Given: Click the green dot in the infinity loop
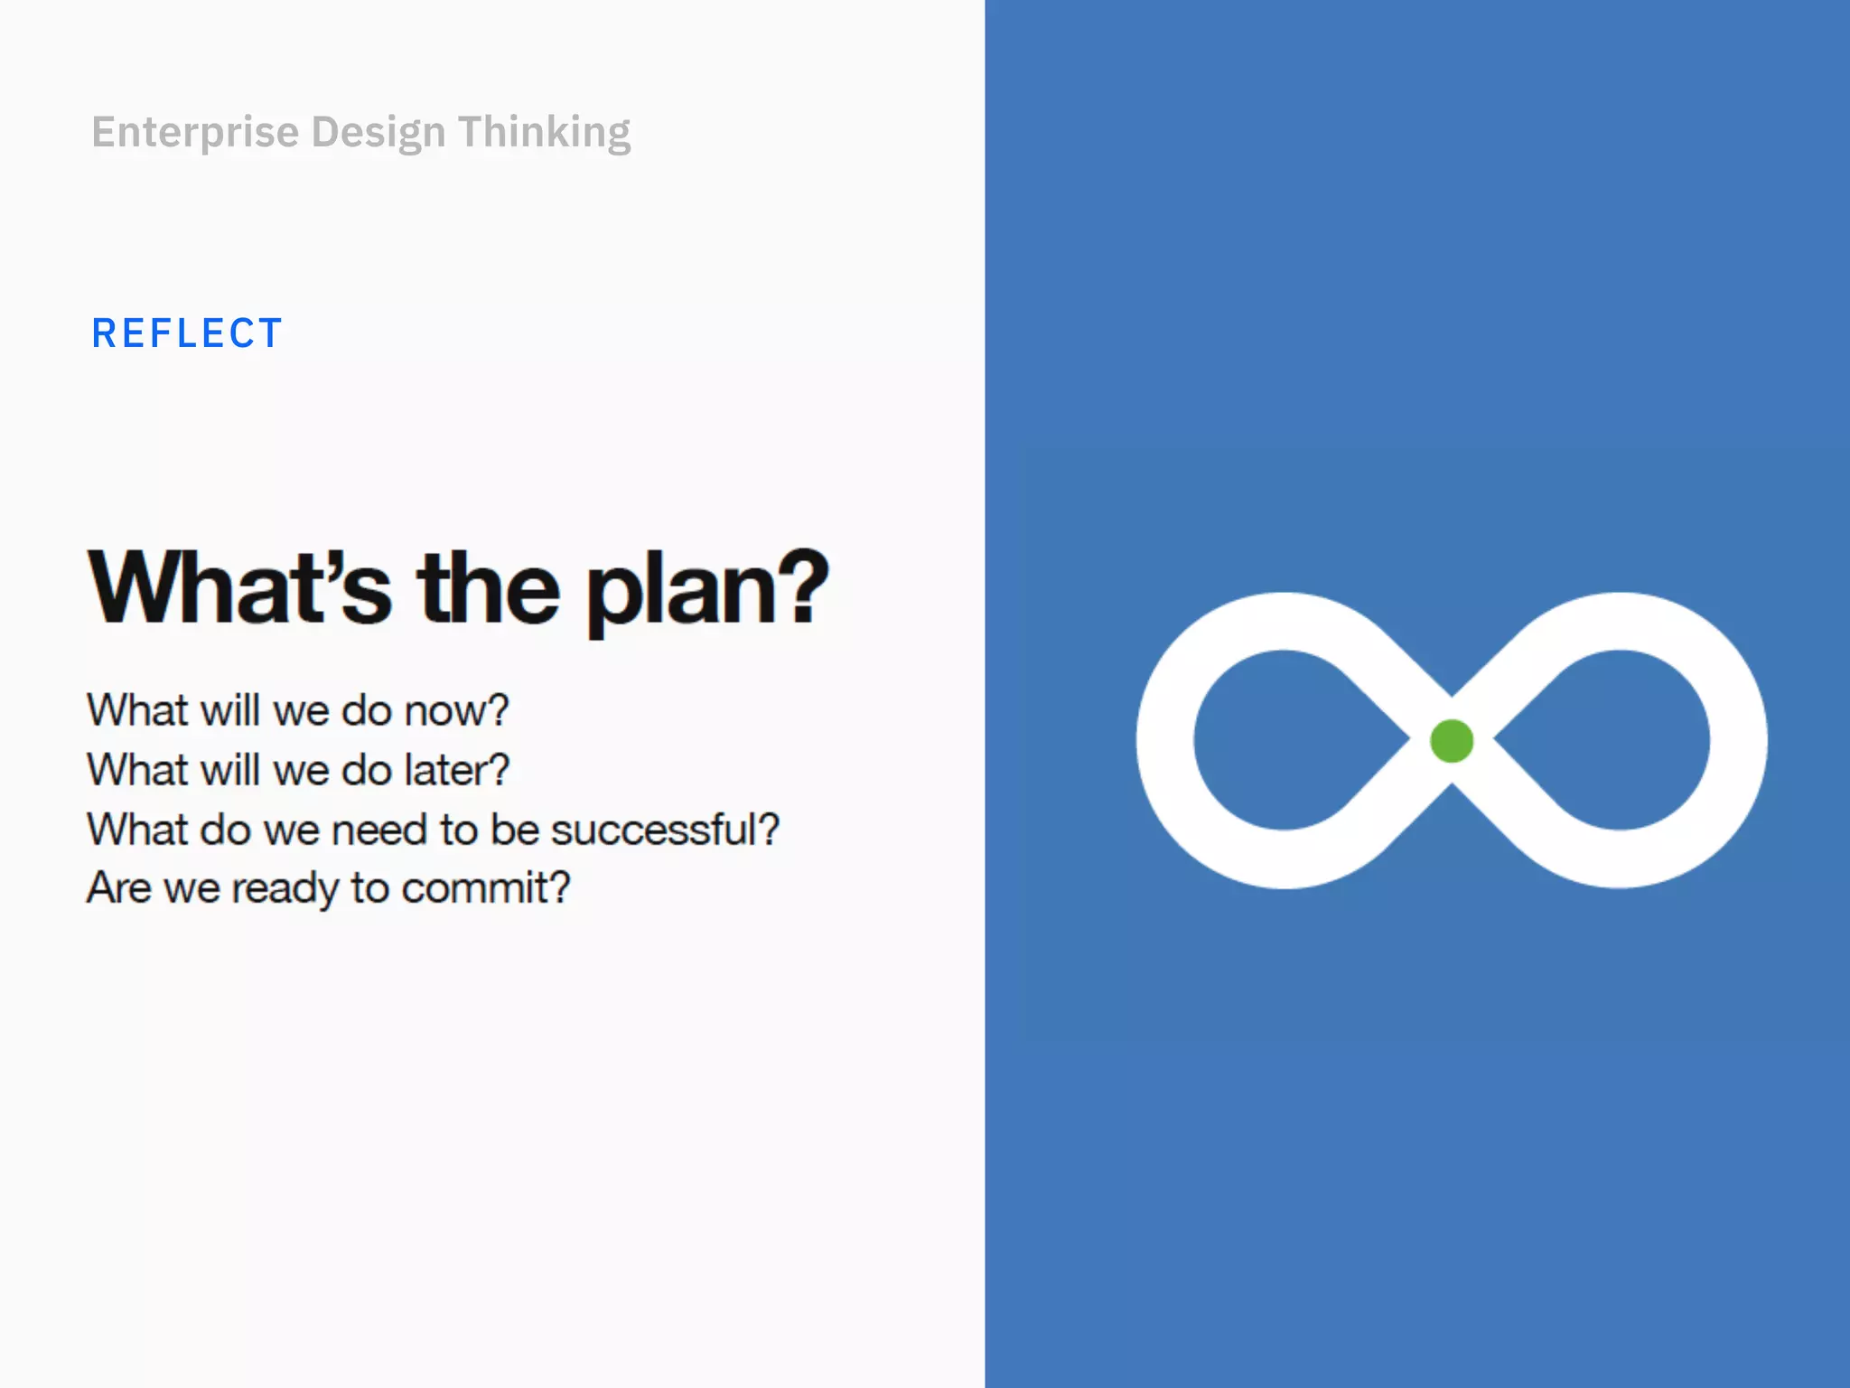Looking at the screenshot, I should [x=1452, y=741].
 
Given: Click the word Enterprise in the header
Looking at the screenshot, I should [x=195, y=133].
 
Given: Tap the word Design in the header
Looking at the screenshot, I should [x=378, y=133].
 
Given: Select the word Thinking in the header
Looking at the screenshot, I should [x=544, y=133].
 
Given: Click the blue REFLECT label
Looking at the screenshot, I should [x=187, y=333].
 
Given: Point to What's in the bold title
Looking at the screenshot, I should [x=239, y=588].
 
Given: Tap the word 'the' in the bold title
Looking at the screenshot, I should [x=488, y=588].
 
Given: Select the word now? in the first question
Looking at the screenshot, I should [x=456, y=711].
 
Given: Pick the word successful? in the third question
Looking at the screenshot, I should [x=665, y=830].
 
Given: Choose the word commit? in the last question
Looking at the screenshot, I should [x=486, y=888].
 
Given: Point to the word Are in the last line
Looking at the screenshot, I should [x=118, y=888].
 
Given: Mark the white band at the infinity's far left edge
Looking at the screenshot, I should [x=1164, y=740].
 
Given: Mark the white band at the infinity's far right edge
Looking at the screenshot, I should [x=1739, y=740].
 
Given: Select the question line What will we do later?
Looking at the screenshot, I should [x=298, y=771].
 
